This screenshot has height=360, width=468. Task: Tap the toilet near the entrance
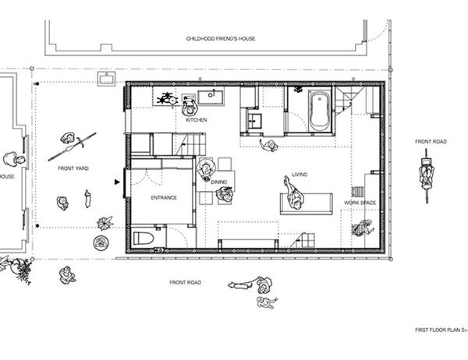coord(144,238)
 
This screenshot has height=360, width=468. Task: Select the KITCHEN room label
coord(197,120)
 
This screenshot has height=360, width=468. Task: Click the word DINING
coord(218,182)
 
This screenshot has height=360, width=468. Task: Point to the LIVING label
coord(300,175)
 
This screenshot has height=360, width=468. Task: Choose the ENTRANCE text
coord(164,197)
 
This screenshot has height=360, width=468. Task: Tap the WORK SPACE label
coord(360,203)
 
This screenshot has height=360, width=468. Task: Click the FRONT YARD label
coord(73,168)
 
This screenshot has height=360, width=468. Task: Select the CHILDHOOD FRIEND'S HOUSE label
coord(221,38)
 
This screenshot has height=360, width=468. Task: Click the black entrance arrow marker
coord(117,182)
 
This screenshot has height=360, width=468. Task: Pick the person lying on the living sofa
coord(294,193)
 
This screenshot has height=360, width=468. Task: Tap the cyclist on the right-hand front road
coord(427,177)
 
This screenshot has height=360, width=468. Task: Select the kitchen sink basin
coord(211,97)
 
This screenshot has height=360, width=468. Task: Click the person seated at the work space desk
coord(363,228)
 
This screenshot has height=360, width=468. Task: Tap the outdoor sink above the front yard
coord(107,79)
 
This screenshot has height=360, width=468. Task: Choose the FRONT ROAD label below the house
coord(185,282)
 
